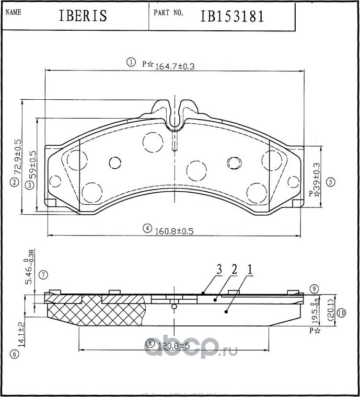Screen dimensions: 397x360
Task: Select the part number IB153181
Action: (232, 16)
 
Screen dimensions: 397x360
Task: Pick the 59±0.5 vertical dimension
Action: (32, 165)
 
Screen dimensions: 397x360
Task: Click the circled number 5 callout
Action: (330, 182)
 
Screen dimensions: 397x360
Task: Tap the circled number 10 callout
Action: (341, 313)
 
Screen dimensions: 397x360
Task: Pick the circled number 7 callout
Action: (43, 274)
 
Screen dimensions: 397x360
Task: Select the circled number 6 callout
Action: (15, 355)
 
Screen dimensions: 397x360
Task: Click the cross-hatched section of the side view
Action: (94, 311)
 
